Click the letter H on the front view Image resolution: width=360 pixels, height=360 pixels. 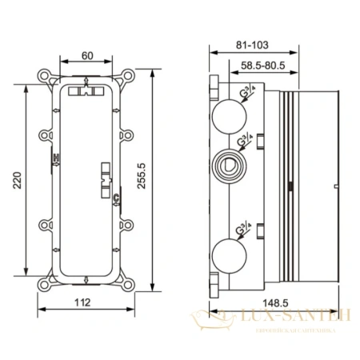tap(56, 160)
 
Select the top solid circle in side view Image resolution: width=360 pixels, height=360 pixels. tap(232, 113)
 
